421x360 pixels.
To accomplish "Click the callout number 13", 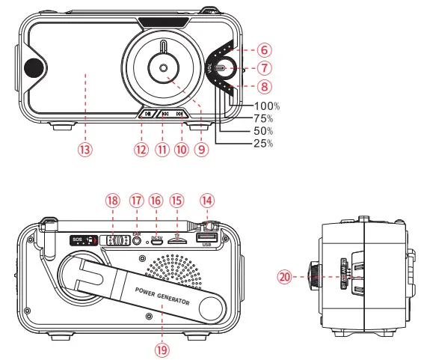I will click(85, 148).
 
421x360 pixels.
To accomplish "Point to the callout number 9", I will click(200, 148).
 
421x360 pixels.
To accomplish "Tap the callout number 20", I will click(283, 276).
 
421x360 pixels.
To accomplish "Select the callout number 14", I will click(206, 201).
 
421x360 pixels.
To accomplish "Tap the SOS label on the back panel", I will click(77, 240).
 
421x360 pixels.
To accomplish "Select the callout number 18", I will click(112, 201).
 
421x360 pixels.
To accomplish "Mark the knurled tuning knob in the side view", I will click(314, 276).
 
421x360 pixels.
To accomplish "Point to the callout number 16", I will click(156, 201).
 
